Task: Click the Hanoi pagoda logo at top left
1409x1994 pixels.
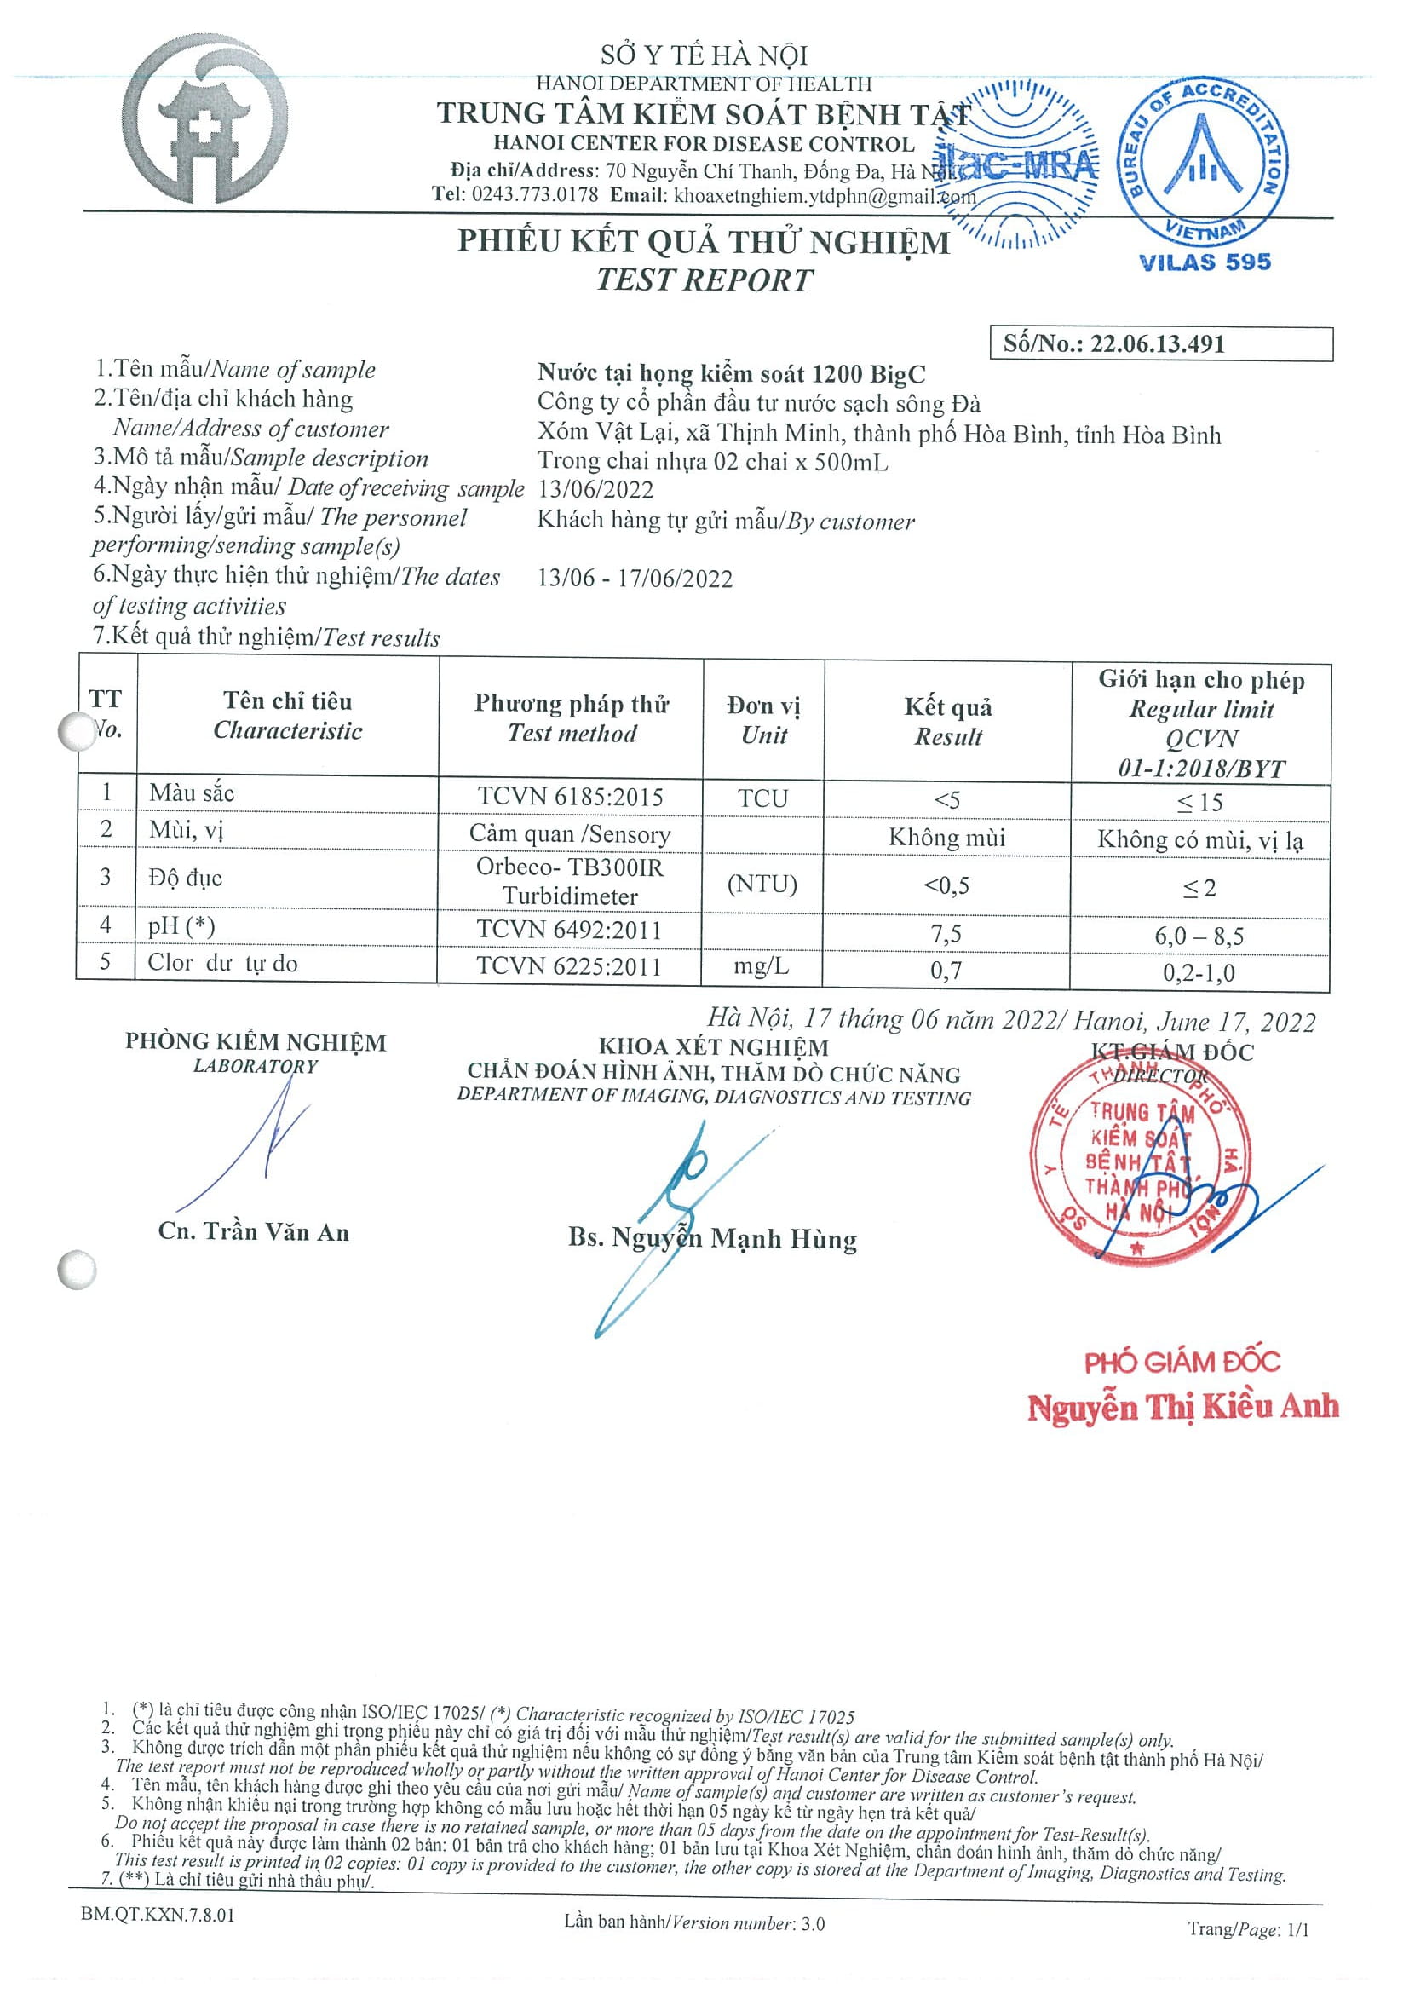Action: coord(206,122)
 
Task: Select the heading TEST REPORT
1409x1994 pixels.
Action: coord(704,280)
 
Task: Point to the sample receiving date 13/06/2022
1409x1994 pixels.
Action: coord(595,490)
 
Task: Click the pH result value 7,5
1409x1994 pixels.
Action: coord(946,934)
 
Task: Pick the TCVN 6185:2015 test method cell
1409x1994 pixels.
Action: coord(571,797)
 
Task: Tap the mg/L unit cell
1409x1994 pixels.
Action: coord(762,966)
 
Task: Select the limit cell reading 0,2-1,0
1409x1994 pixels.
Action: coord(1199,972)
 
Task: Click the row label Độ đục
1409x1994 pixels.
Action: coord(185,878)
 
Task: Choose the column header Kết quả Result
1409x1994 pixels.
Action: coord(947,721)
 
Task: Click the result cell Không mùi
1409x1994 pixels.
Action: coord(946,838)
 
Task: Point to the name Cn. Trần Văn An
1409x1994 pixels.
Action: coord(254,1231)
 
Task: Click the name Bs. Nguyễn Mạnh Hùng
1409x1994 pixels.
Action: coord(713,1238)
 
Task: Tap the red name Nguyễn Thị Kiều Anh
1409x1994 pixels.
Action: coord(1182,1407)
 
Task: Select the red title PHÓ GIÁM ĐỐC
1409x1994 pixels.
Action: coord(1182,1361)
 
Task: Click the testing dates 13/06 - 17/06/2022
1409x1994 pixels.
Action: coord(635,579)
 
